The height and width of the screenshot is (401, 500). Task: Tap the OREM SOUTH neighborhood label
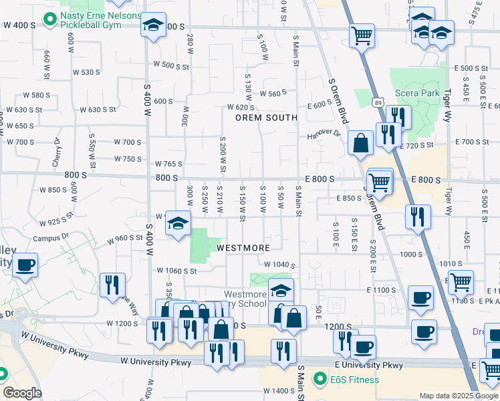click(265, 118)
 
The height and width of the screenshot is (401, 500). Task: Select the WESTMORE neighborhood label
click(243, 248)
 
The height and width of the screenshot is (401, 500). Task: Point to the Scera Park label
click(416, 93)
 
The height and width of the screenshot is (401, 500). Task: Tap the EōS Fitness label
click(354, 380)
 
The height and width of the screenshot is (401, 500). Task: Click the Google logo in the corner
click(22, 393)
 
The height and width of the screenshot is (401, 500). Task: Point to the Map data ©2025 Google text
click(459, 396)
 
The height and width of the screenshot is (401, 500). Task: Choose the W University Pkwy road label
click(156, 362)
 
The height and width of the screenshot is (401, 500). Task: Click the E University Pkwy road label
click(369, 366)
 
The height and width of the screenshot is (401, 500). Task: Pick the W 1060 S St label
click(176, 271)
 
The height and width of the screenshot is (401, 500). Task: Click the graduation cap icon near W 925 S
click(178, 223)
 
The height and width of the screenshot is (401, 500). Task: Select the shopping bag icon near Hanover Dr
click(360, 142)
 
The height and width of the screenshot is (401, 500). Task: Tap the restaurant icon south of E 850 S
click(418, 216)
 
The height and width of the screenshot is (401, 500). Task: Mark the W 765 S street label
click(168, 164)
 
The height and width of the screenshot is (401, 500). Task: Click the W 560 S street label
click(273, 94)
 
